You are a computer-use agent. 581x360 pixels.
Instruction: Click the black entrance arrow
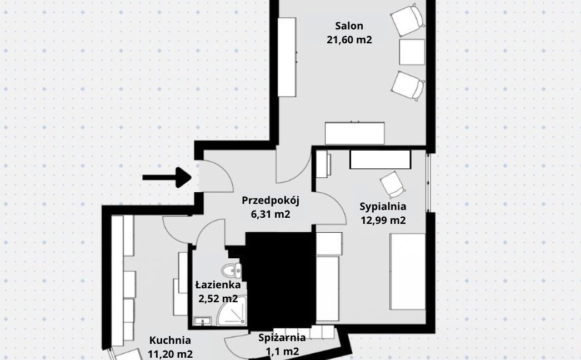tap(167, 177)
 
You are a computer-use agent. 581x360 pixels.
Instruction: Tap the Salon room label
tap(349, 26)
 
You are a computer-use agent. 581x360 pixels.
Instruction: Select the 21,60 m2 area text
tap(349, 39)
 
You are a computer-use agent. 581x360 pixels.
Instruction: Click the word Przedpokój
tap(270, 201)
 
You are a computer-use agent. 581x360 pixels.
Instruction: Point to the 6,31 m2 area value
tap(270, 214)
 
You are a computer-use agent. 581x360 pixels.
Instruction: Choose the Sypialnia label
tap(383, 207)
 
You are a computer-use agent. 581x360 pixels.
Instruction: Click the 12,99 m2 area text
tap(383, 221)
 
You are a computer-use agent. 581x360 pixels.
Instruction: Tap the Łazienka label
tap(218, 285)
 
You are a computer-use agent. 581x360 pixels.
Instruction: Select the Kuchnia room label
tap(170, 341)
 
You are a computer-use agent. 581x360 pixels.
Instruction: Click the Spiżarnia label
tap(282, 338)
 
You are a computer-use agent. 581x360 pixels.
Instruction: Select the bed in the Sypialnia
tap(408, 272)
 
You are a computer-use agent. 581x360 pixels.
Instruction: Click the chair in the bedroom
tap(392, 184)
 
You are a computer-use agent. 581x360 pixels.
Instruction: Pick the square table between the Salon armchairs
tap(412, 52)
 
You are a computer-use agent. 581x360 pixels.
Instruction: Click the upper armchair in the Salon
tap(408, 21)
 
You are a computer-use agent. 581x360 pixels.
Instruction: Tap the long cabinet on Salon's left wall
tap(287, 57)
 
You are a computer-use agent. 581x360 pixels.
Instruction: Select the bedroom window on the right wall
tap(428, 182)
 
